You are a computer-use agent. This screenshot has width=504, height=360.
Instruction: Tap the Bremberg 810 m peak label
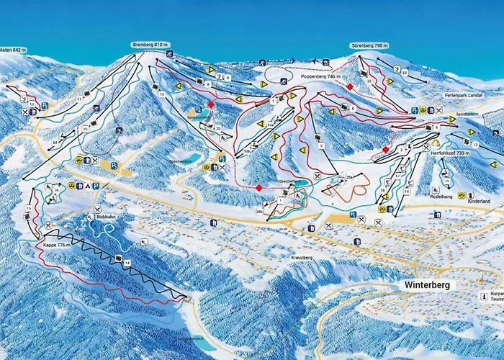pos(150,45)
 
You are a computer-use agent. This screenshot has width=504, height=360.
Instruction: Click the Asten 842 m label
pos(13,50)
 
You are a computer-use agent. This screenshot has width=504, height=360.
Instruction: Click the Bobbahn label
pos(106,216)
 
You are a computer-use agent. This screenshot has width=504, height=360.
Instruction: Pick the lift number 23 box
pos(405,72)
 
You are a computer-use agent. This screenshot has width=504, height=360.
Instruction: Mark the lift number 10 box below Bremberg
pos(163,94)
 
